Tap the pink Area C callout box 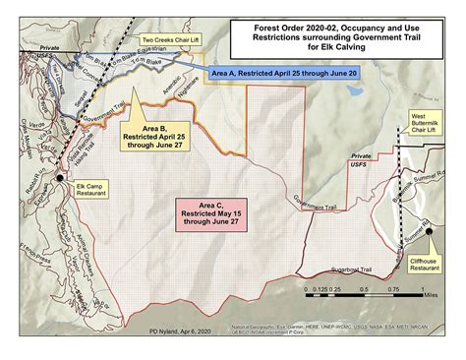click(x=213, y=213)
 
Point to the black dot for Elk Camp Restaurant click(x=61, y=178)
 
